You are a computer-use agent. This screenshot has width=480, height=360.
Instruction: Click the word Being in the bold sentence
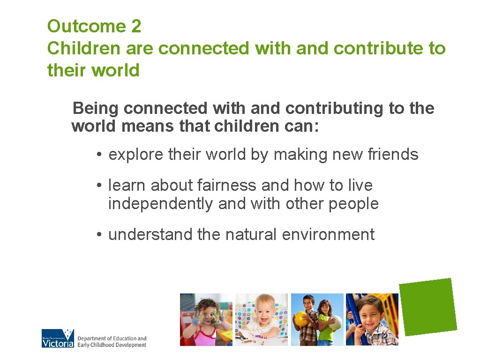(x=96, y=108)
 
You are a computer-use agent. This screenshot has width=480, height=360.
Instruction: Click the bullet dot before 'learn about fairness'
(x=100, y=186)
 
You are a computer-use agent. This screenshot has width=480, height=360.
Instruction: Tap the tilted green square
(x=428, y=307)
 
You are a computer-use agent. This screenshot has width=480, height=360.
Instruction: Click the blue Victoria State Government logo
(x=58, y=338)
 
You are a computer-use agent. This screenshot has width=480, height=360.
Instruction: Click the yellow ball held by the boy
(x=300, y=319)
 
